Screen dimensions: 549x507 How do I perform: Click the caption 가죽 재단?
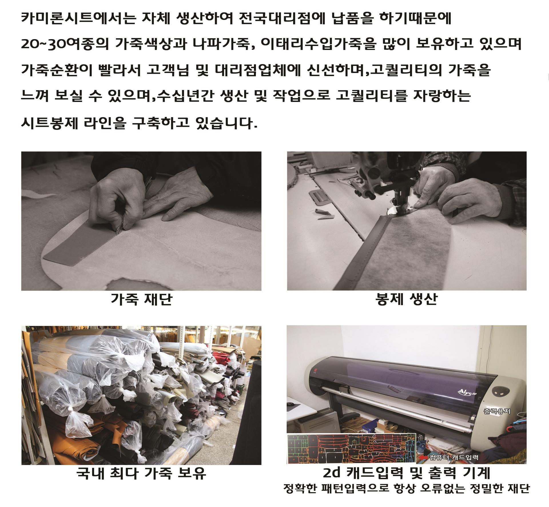(x=142, y=300)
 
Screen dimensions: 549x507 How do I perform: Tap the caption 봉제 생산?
(x=406, y=299)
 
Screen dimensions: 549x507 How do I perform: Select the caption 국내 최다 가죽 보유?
(x=141, y=473)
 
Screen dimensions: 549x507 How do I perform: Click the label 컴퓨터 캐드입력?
(x=454, y=458)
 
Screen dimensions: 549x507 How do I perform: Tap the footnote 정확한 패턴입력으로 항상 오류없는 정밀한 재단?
(x=406, y=489)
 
